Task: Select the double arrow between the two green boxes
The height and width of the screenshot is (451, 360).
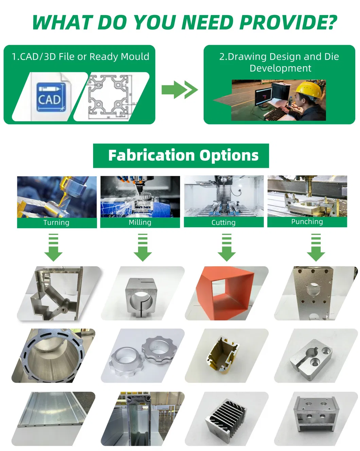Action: point(180,90)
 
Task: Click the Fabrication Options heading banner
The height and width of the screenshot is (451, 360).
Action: point(181,156)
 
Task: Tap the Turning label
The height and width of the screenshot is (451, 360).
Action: point(56,222)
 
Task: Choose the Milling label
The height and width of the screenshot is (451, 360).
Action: point(140,222)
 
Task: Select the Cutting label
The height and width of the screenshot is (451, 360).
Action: point(223,222)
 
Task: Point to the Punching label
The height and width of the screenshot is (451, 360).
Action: point(307,222)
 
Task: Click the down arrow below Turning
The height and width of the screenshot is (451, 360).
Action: point(53,247)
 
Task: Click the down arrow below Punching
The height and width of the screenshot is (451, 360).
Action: point(316,247)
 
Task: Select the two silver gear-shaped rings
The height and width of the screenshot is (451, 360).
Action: point(143,355)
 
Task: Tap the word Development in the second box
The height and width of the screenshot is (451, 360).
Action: point(280,69)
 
